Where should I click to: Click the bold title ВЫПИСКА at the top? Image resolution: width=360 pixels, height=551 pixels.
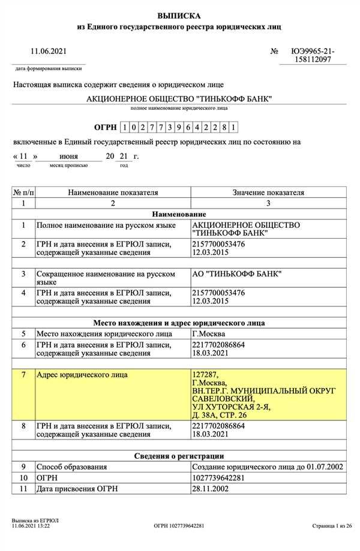pos(179,15)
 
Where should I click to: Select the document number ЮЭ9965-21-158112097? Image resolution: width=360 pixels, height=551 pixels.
pos(313,56)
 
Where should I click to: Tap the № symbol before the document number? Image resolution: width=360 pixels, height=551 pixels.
pos(274,52)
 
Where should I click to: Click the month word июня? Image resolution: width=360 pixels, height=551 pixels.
pos(68,156)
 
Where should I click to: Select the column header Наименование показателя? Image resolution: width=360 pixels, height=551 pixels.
pos(113,192)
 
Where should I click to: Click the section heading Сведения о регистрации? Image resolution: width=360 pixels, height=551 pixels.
pos(179,456)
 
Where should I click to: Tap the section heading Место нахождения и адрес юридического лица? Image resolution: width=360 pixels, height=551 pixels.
pos(179,323)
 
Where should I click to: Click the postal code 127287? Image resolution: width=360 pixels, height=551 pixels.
pos(204,375)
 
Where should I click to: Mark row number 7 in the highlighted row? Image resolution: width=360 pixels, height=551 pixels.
pos(23,375)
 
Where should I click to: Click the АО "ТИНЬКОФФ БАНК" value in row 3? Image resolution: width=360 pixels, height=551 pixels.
pos(236,274)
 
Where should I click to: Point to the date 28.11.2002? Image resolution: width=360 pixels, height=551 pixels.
pos(210,489)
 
